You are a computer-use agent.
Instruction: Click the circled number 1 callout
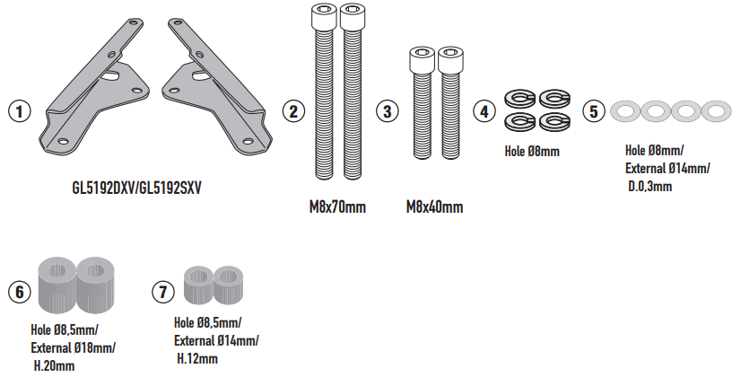click(20, 111)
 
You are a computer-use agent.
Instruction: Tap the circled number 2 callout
click(293, 111)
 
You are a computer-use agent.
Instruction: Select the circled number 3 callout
click(387, 111)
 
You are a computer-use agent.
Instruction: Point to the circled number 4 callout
click(484, 111)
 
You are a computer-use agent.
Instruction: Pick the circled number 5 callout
click(594, 111)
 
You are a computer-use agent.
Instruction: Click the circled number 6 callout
click(20, 292)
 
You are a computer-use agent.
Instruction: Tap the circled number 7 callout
click(163, 292)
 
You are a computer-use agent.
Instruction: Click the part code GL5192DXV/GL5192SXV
click(136, 189)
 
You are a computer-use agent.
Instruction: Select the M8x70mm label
click(337, 206)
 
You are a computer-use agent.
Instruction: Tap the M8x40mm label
click(434, 206)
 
